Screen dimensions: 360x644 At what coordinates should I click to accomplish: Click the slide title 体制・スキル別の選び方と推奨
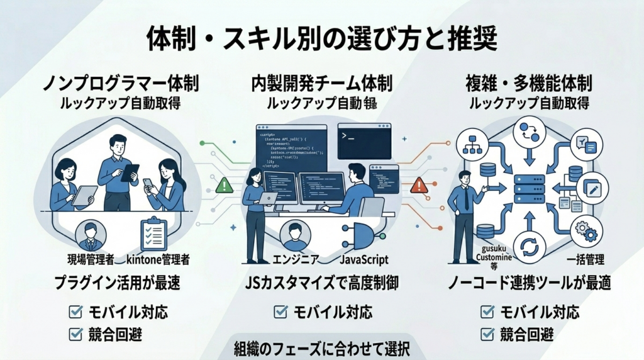point(321,39)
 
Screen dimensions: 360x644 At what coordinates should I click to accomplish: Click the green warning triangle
point(224,184)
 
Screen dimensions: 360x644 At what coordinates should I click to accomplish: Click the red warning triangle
point(419,184)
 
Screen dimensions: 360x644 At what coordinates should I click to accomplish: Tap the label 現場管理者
point(91,259)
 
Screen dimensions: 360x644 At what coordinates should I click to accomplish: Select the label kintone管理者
point(158,259)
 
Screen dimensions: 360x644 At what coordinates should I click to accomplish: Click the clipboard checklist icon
point(153,233)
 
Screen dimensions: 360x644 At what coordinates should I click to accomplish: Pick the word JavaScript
point(364,259)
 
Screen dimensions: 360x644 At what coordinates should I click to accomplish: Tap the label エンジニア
point(295,259)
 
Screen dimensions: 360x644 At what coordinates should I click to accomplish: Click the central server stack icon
point(529,189)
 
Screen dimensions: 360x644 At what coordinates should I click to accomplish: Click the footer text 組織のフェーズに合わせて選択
point(321,348)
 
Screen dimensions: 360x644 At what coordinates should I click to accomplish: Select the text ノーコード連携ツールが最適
point(529,284)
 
